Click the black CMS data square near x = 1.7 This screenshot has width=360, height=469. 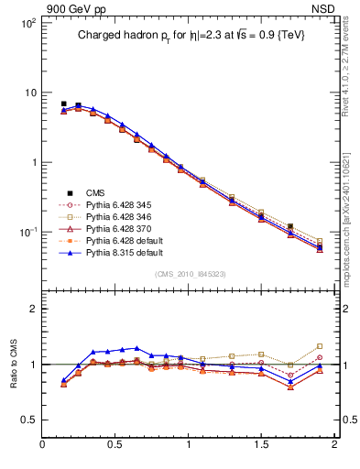point(290,226)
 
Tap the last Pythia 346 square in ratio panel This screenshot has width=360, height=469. point(320,346)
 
